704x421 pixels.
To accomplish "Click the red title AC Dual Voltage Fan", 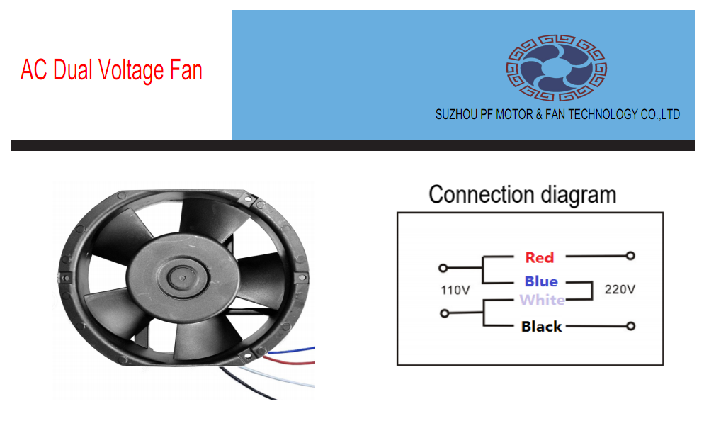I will tap(111, 71).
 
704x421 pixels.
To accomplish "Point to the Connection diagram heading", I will tap(522, 194).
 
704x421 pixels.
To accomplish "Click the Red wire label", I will tap(539, 257).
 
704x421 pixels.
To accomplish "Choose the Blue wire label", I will tap(540, 281).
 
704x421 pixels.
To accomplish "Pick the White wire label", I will tap(542, 300).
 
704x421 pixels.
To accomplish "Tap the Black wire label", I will tap(541, 327).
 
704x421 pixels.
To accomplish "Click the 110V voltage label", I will tap(455, 291).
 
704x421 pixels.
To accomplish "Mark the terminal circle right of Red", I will tap(630, 256).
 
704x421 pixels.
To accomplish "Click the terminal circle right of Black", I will tap(630, 327).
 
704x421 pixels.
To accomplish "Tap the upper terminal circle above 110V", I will tap(443, 269).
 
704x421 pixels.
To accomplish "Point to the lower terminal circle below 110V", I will tap(443, 313).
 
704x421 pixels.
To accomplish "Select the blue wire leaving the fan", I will tap(297, 349).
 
